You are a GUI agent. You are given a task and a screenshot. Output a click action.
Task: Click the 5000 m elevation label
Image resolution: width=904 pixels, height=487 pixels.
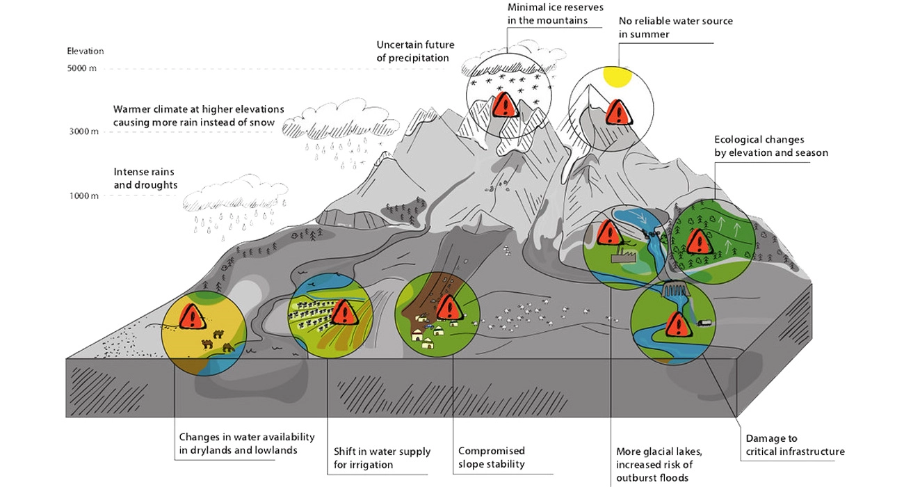click(83, 68)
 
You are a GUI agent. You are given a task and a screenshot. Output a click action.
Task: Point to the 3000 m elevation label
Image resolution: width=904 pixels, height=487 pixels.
click(83, 131)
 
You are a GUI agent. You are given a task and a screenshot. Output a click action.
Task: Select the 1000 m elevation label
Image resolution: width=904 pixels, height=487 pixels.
click(83, 195)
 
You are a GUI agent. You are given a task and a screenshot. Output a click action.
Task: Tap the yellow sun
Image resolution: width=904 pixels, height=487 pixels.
click(615, 77)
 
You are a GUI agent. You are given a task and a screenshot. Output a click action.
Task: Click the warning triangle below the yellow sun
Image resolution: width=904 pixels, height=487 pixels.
click(615, 111)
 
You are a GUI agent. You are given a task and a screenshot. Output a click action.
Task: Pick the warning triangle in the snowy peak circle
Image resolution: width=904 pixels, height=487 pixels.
click(505, 106)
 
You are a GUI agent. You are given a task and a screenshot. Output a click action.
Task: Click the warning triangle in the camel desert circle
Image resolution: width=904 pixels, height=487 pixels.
click(192, 317)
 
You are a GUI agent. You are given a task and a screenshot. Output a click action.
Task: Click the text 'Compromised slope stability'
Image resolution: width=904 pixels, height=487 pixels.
click(491, 457)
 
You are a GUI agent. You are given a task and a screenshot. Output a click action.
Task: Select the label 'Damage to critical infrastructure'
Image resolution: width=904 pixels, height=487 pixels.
click(795, 445)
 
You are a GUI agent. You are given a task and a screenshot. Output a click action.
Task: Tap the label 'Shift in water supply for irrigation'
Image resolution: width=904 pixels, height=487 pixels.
click(382, 458)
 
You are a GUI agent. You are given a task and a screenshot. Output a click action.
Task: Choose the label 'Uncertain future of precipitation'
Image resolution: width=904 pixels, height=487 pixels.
click(415, 51)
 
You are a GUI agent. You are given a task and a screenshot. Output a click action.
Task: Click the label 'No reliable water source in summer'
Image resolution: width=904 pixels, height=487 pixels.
click(675, 27)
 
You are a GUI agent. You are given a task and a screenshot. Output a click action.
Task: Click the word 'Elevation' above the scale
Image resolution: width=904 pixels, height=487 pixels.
click(85, 51)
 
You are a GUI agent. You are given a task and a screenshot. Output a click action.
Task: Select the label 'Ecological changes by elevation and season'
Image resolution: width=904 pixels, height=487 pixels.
click(770, 146)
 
